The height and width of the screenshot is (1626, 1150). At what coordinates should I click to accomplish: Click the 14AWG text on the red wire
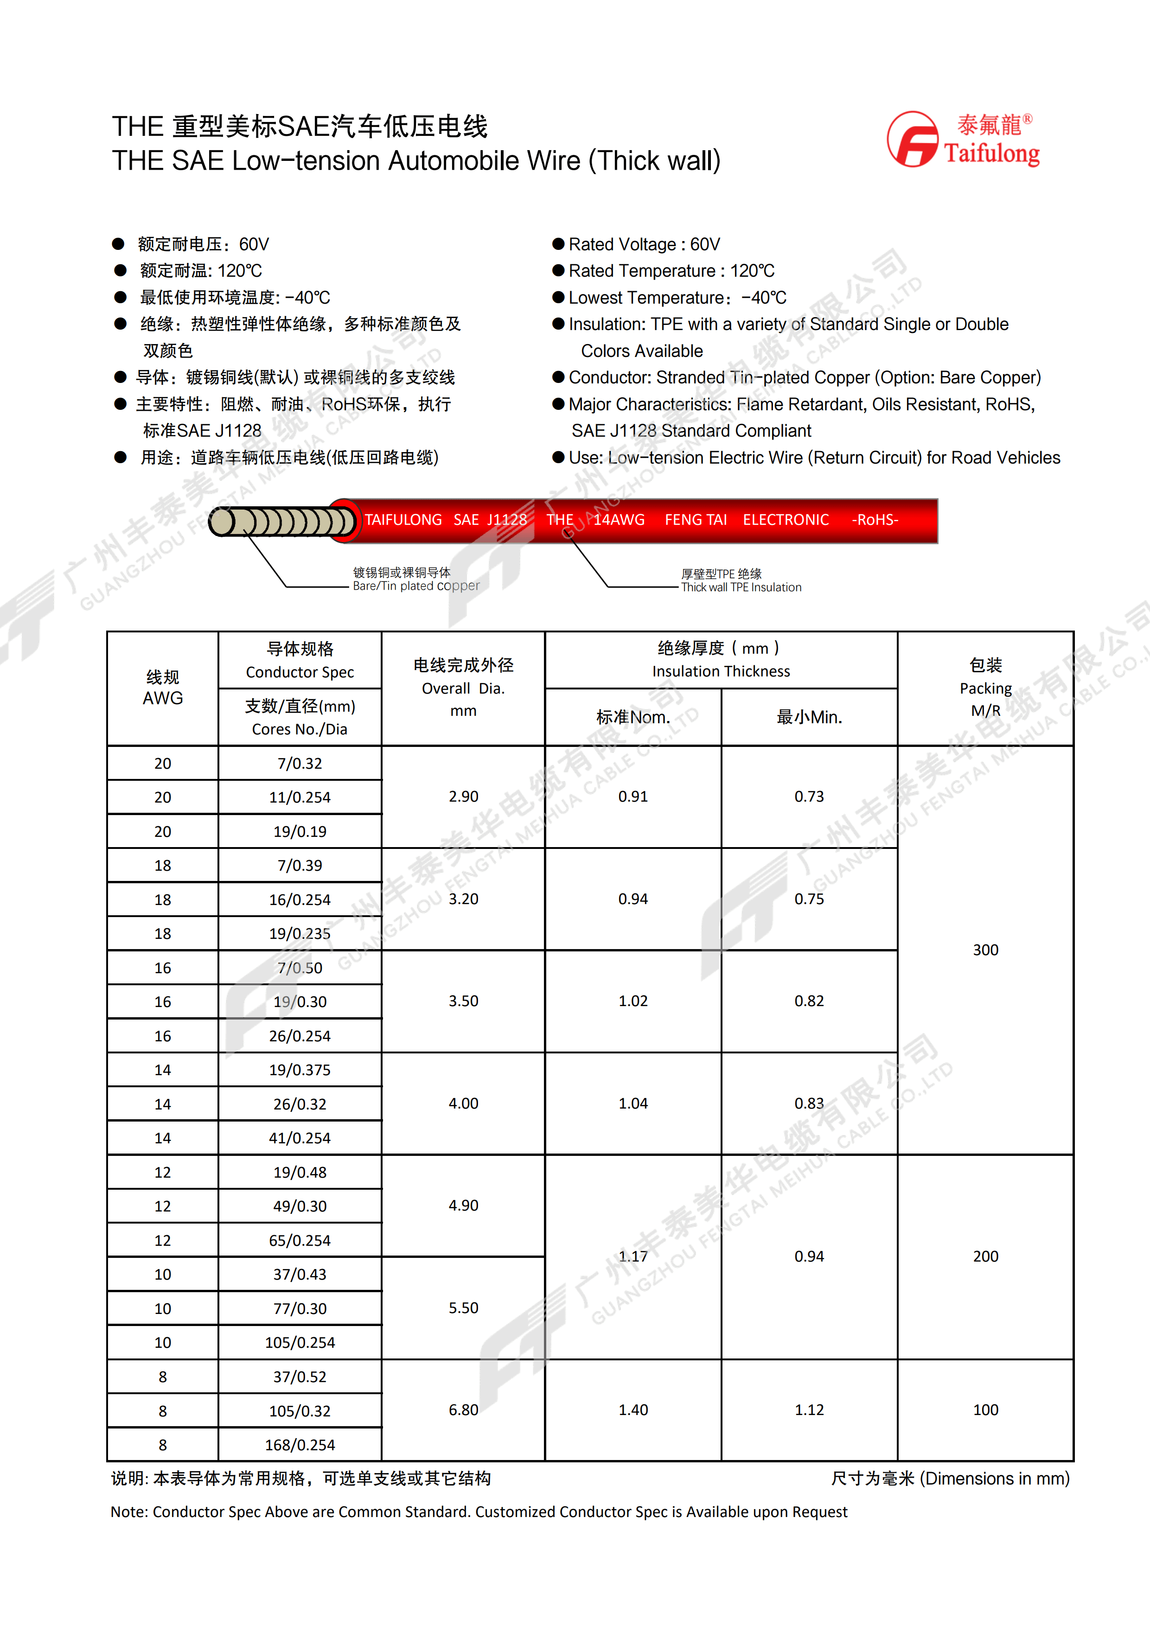[x=619, y=520]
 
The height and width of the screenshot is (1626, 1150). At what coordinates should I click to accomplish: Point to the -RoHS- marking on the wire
[x=875, y=520]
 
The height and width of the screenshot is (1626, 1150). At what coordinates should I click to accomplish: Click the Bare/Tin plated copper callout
[x=415, y=579]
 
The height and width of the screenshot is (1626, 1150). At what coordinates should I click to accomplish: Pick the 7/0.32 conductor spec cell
[x=300, y=764]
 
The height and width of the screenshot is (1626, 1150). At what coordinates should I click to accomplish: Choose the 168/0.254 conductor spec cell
[x=300, y=1445]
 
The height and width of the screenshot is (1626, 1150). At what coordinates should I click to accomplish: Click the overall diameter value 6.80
[x=463, y=1410]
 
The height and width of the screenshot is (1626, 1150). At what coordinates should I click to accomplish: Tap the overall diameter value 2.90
[x=463, y=797]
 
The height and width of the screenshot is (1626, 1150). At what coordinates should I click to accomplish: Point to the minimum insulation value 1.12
[x=809, y=1410]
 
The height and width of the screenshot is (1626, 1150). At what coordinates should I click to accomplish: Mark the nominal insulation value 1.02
[x=632, y=1001]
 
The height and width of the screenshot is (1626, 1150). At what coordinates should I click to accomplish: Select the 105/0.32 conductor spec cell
[x=300, y=1411]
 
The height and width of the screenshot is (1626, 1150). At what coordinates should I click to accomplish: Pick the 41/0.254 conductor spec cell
[x=300, y=1138]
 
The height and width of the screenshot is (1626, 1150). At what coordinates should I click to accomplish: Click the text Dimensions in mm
[x=995, y=1479]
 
